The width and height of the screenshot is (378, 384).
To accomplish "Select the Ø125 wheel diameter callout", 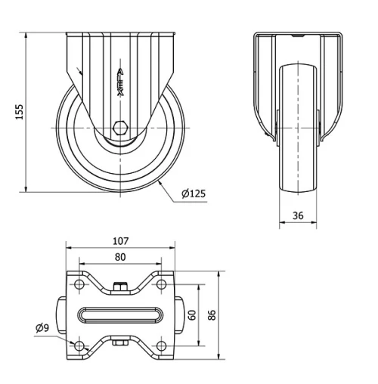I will click(194, 194).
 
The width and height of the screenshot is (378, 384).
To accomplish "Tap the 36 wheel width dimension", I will click(298, 215).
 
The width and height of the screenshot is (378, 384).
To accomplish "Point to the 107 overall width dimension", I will click(120, 242).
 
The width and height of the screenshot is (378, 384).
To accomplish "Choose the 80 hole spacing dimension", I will click(120, 256).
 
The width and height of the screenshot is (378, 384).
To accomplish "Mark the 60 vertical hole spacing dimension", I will click(192, 314).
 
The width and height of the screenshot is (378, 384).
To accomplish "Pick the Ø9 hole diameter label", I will click(43, 328).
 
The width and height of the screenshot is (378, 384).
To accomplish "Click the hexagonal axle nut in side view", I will click(120, 128).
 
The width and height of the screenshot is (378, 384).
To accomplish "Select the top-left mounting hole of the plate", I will click(79, 285).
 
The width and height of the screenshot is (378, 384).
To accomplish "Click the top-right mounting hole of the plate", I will click(162, 285).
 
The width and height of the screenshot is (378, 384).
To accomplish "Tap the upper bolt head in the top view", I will click(120, 286).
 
